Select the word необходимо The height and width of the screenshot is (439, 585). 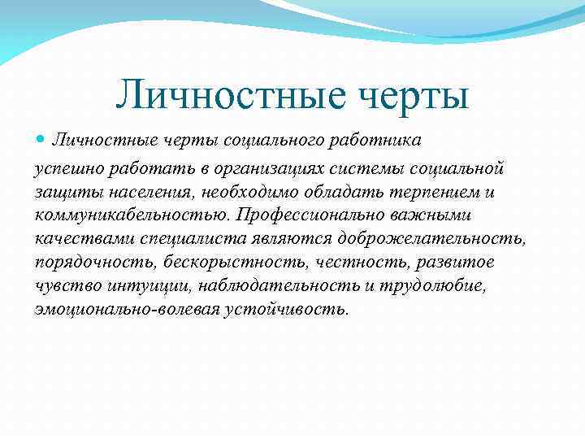tap(240, 192)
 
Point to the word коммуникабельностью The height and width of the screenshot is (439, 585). tap(131, 215)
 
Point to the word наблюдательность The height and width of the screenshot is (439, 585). tap(266, 286)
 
